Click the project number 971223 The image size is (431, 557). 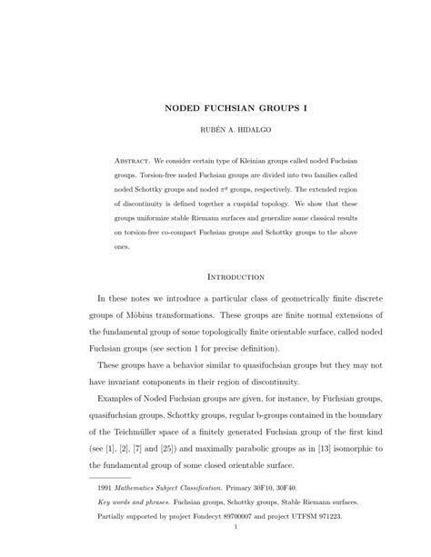[x=322, y=514]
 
